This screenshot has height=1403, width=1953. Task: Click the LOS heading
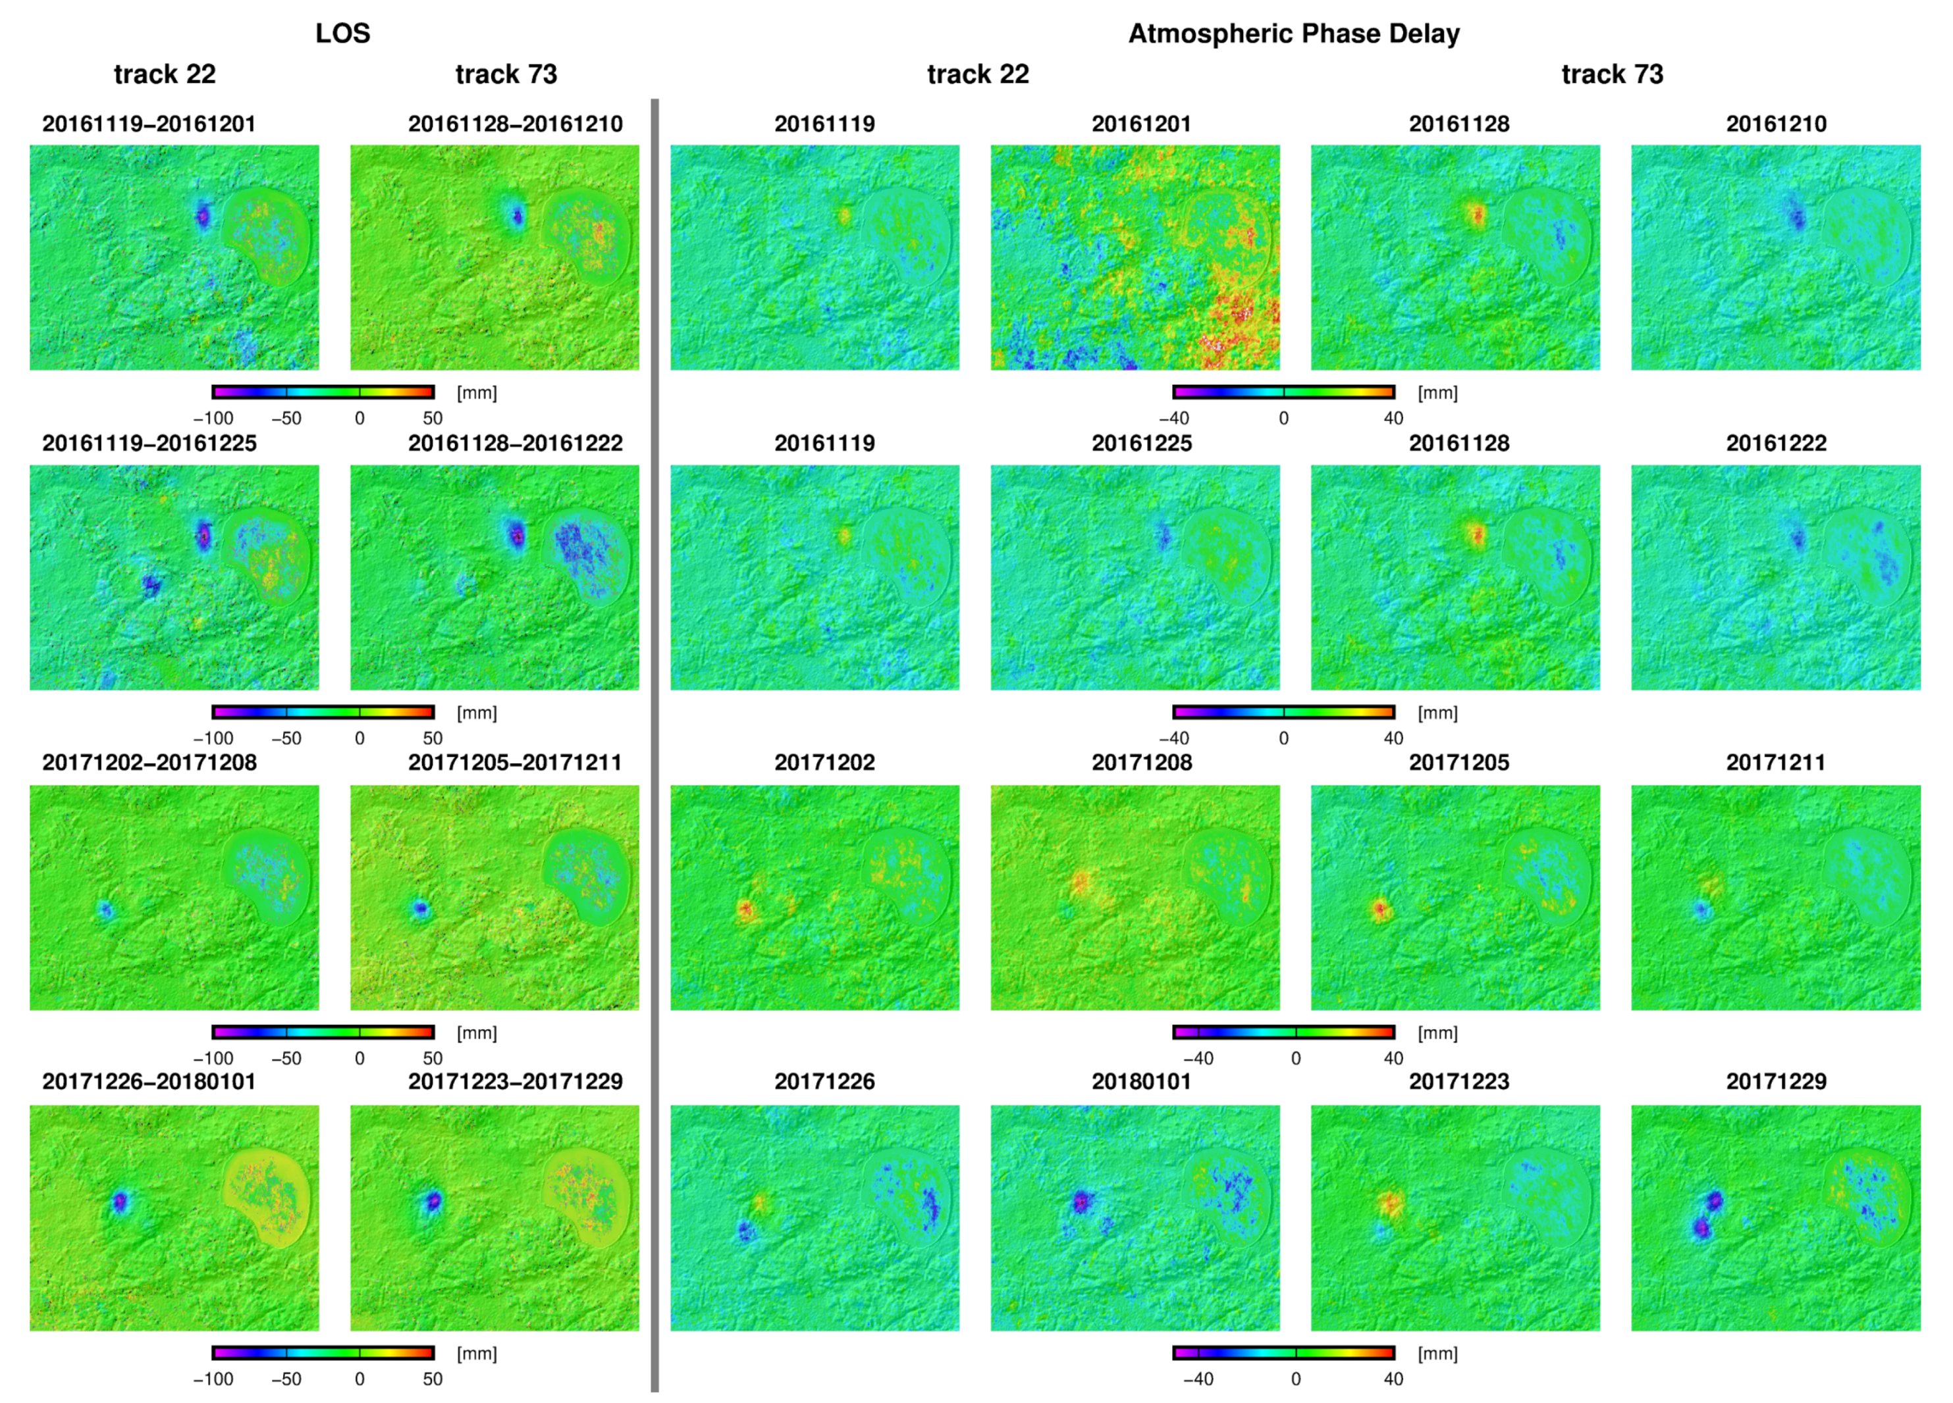342,34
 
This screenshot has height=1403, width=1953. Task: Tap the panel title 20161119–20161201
149,124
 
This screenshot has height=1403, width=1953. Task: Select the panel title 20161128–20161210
515,124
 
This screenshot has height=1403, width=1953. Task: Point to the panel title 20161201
1141,124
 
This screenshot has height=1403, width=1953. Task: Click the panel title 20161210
1776,124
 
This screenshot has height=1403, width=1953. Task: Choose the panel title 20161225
1141,444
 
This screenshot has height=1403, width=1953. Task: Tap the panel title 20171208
1141,763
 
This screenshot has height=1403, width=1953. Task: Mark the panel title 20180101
1141,1082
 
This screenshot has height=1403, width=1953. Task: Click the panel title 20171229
1776,1082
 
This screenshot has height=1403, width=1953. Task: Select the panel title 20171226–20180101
149,1082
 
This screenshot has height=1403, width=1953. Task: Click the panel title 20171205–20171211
515,763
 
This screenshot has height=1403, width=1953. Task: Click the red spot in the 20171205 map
1380,908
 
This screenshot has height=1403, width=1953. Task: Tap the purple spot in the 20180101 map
1081,1201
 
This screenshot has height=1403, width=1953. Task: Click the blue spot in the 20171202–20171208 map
105,909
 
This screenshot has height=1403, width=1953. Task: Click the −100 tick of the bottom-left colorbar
213,1379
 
